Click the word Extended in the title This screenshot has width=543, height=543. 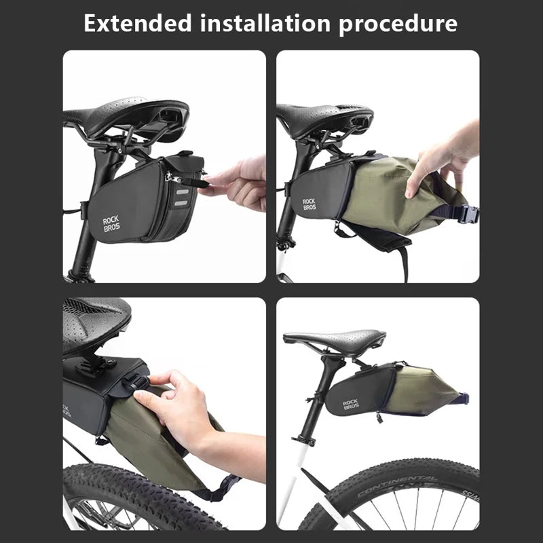pyautogui.click(x=138, y=23)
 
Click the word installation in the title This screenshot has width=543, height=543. pyautogui.click(x=265, y=23)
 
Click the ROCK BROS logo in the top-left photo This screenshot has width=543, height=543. pyautogui.click(x=111, y=224)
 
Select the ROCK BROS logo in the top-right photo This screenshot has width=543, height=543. pyautogui.click(x=310, y=204)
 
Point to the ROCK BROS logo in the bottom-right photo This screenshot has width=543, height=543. pyautogui.click(x=350, y=405)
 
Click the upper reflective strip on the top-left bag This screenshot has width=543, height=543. pyautogui.click(x=182, y=191)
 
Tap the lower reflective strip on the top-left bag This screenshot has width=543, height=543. pyautogui.click(x=181, y=203)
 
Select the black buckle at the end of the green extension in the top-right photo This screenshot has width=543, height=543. pyautogui.click(x=470, y=213)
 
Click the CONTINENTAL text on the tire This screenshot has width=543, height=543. pyautogui.click(x=398, y=485)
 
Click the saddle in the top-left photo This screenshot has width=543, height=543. pyautogui.click(x=126, y=114)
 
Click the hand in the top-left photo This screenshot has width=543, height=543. pyautogui.click(x=236, y=183)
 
